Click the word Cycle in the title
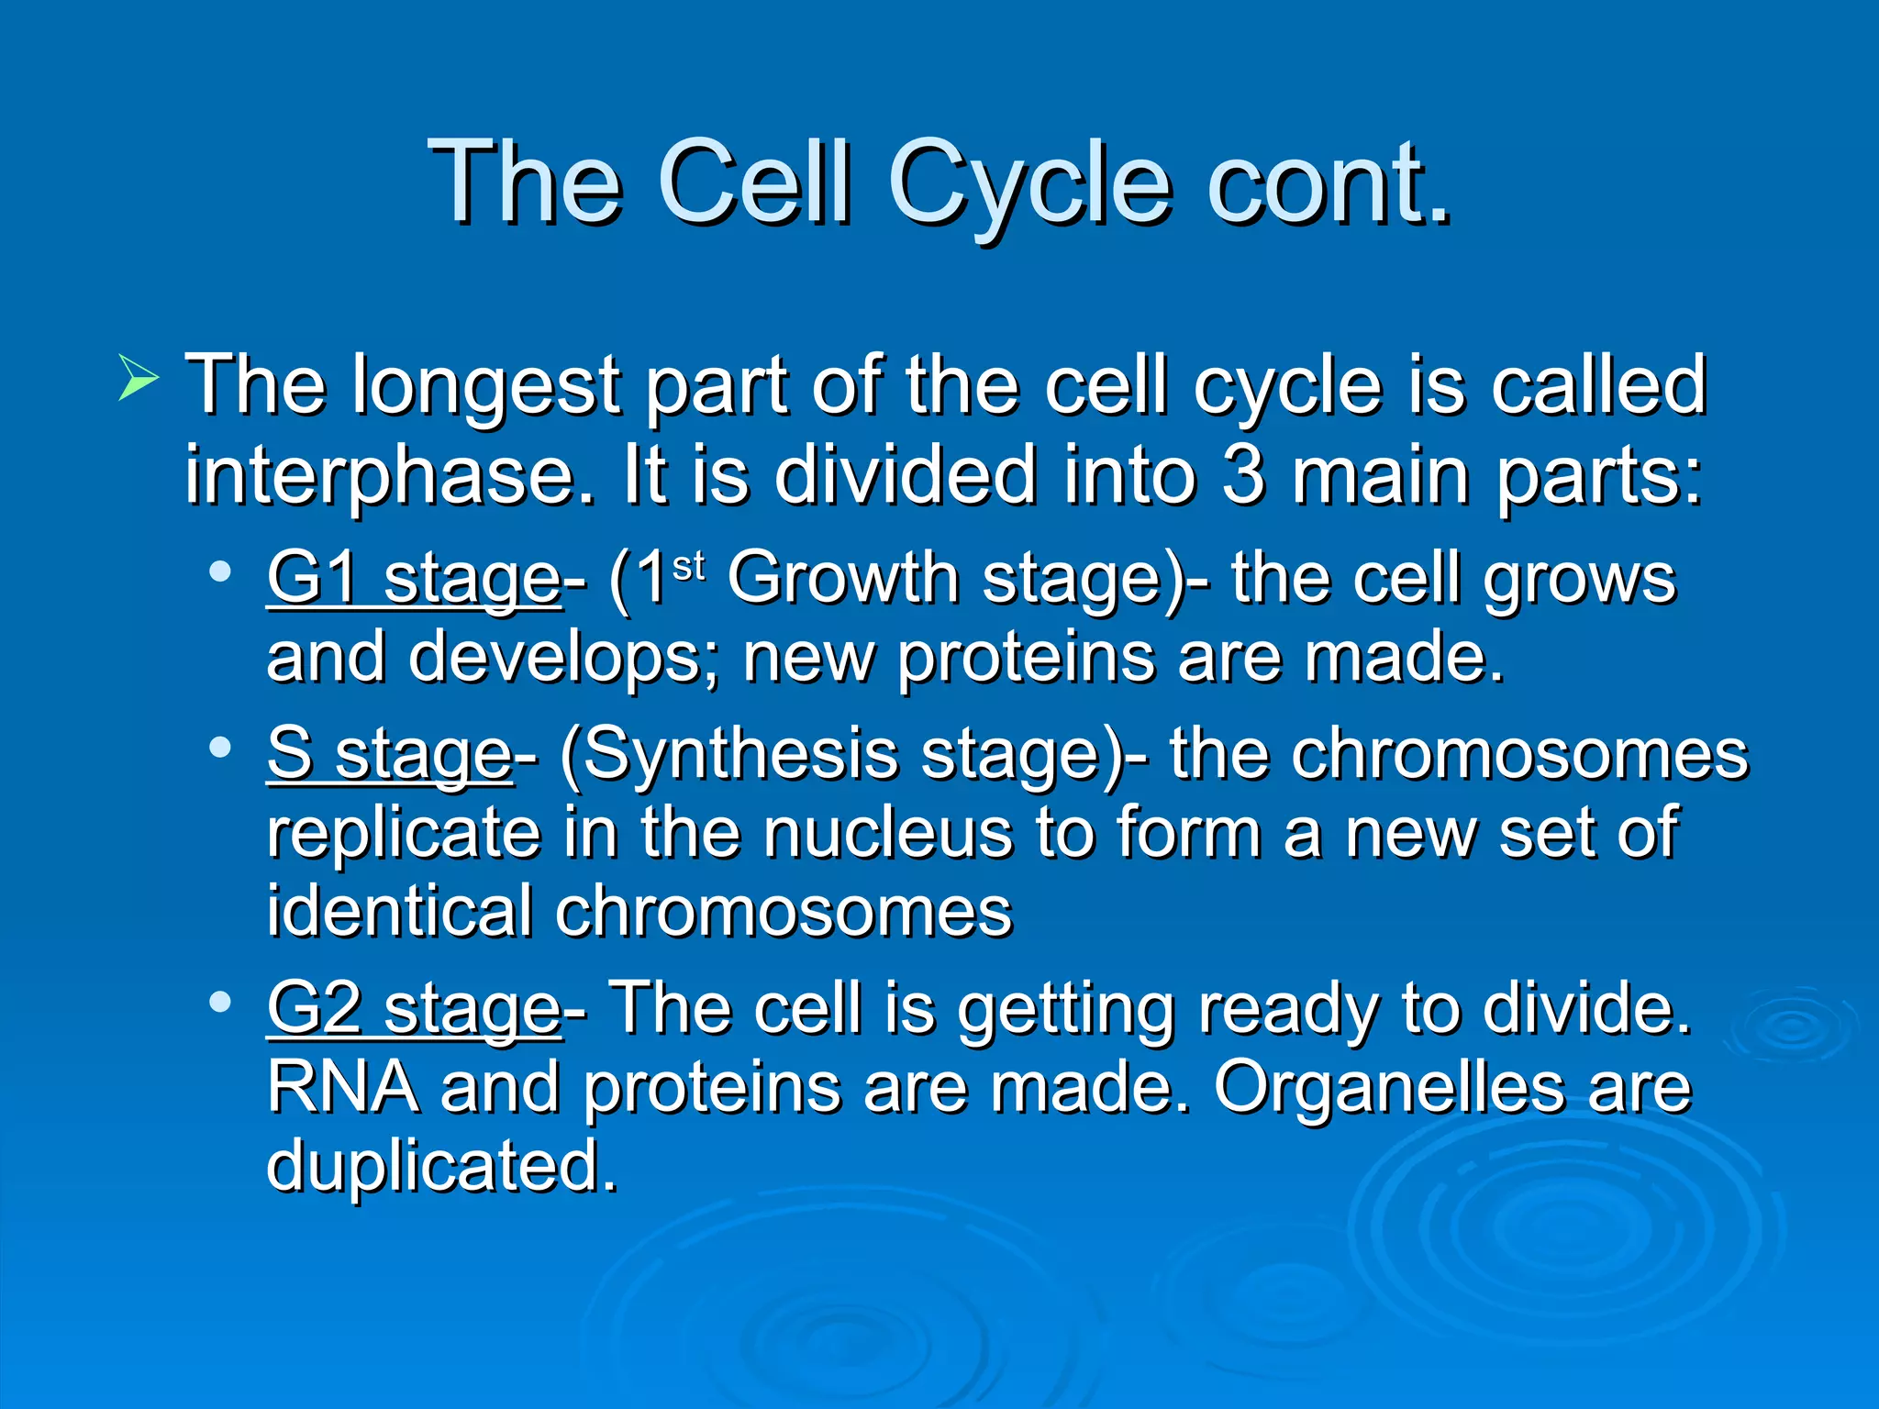[1028, 183]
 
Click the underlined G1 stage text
[413, 580]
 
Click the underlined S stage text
[389, 755]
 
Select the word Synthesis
[740, 755]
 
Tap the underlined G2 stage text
[413, 1009]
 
